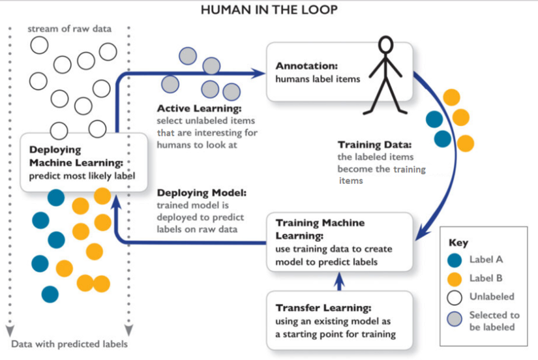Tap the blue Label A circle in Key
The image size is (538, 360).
[x=455, y=260]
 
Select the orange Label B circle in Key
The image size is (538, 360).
[x=455, y=278]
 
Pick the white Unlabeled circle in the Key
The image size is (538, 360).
[x=455, y=297]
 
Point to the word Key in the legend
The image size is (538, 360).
[x=458, y=243]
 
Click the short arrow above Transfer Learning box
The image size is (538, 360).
[x=338, y=280]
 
